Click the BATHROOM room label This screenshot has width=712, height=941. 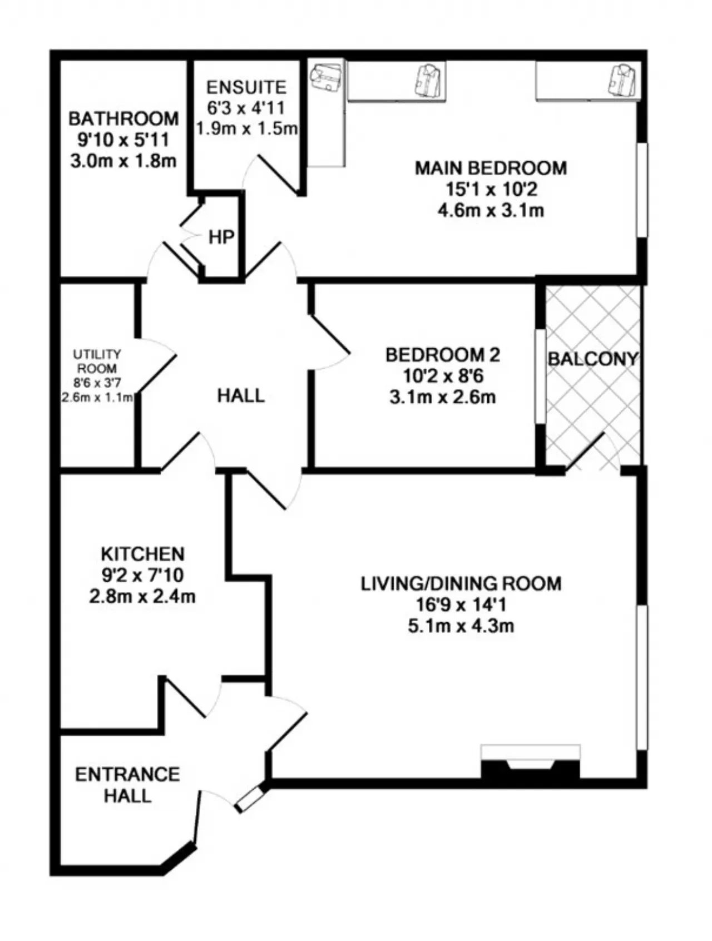coord(123,118)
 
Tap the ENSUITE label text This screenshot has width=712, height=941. coord(246,87)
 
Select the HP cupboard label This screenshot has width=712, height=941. coord(221,237)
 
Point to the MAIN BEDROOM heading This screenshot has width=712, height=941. coord(491,168)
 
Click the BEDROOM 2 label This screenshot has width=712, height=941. coord(443,355)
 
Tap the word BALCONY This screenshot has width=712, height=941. coord(593,359)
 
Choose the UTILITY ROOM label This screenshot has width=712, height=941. coord(97,361)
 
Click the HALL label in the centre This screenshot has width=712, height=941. coord(241,396)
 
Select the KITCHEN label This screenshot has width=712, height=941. coord(142,554)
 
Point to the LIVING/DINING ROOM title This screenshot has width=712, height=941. coord(461,584)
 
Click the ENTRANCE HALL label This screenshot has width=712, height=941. coord(127,785)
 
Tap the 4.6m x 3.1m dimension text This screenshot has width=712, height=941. coord(491,211)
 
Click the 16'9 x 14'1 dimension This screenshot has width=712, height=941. coord(461,605)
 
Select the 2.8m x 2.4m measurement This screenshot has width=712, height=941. coord(142,597)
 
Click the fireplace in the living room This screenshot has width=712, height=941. coord(530,762)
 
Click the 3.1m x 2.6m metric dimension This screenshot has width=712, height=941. coord(443,398)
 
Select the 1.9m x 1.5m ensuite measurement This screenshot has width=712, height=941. coord(247,129)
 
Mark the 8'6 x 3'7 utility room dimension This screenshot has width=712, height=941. coord(97,383)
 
